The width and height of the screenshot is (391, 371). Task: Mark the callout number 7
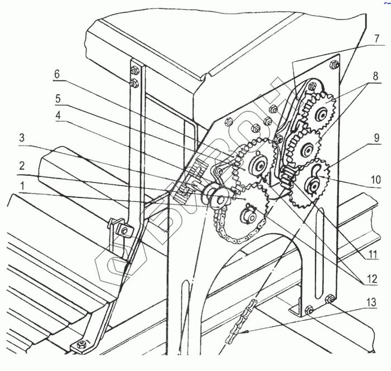pos(377,39)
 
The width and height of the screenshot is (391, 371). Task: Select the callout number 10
pos(375,180)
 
